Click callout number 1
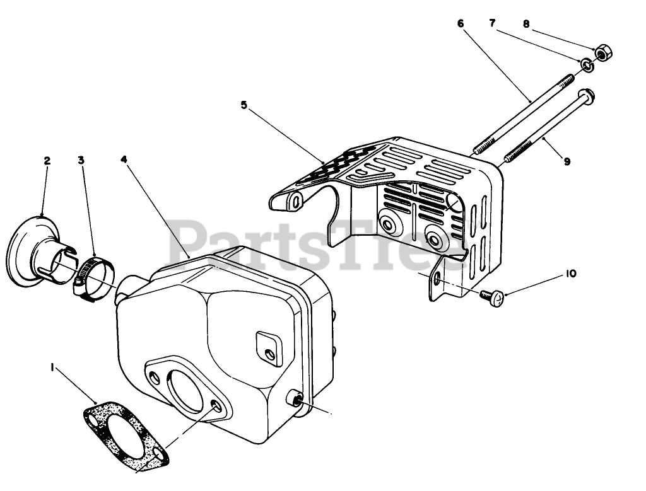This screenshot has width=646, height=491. click(x=53, y=366)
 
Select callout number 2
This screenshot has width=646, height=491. click(x=47, y=161)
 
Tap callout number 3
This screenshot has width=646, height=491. click(x=81, y=161)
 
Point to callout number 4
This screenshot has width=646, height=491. click(x=124, y=160)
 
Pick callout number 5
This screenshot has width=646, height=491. click(x=244, y=105)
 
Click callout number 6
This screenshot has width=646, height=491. click(x=460, y=23)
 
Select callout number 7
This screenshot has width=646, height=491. click(x=492, y=23)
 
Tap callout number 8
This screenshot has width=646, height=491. click(x=526, y=24)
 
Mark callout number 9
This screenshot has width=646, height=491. click(x=567, y=162)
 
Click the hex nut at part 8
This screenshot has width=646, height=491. click(x=601, y=54)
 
